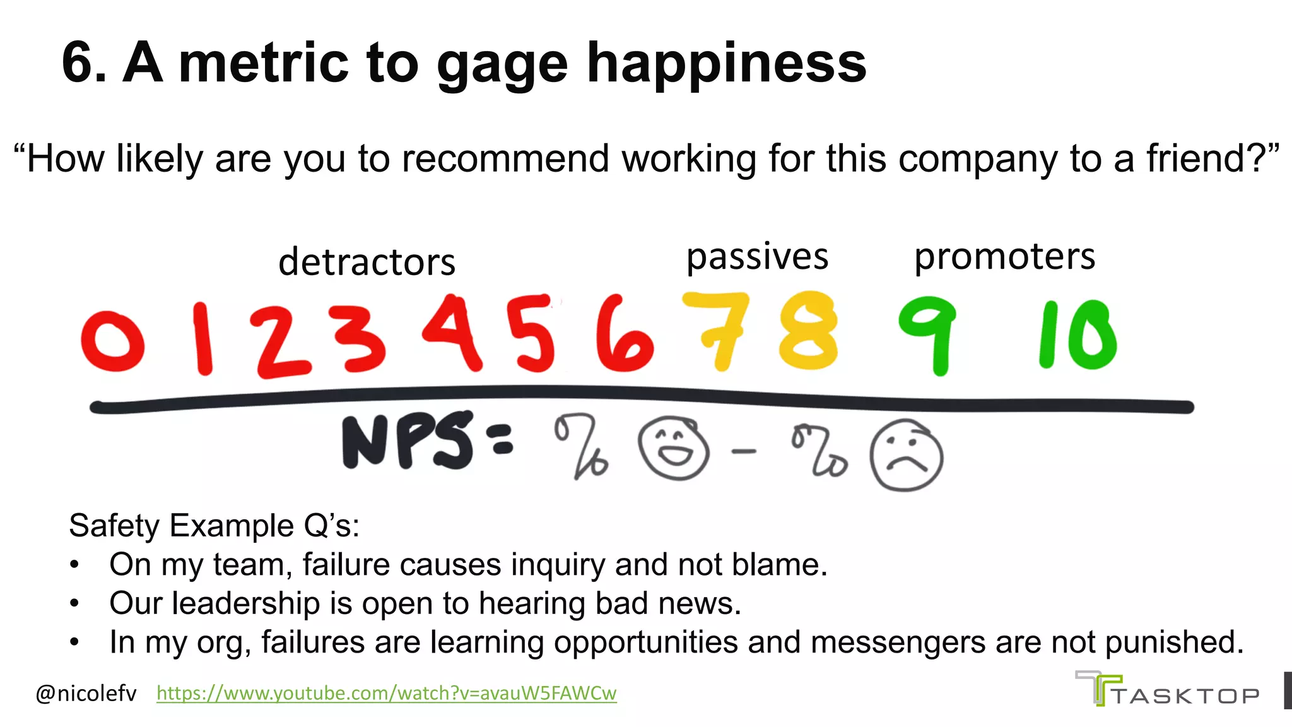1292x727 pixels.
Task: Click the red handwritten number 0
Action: point(113,341)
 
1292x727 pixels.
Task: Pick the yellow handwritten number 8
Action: point(808,331)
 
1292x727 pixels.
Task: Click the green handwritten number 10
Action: point(1078,334)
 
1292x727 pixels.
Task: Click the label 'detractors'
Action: point(367,262)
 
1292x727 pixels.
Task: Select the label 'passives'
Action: point(757,257)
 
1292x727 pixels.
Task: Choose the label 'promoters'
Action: point(1004,257)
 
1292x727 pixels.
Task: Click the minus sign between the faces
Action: point(744,451)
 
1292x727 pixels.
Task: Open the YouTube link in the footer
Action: point(386,693)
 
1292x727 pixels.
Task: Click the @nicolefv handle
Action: point(86,694)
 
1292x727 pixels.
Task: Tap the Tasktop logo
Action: point(1167,690)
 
